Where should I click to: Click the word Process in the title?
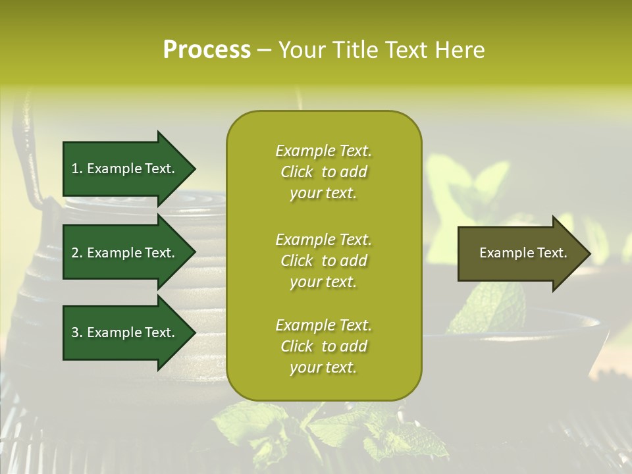pyautogui.click(x=207, y=50)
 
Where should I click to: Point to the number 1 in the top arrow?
pyautogui.click(x=75, y=169)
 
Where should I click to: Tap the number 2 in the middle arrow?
pyautogui.click(x=75, y=253)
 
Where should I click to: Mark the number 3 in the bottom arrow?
pyautogui.click(x=75, y=332)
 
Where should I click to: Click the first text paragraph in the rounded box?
pyautogui.click(x=323, y=172)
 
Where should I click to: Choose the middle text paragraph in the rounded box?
pyautogui.click(x=323, y=261)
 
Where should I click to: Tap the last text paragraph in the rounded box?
pyautogui.click(x=323, y=346)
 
